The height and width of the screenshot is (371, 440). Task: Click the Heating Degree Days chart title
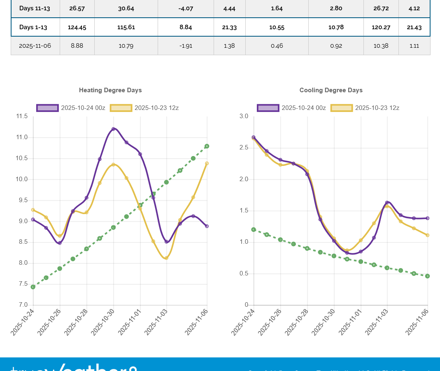[110, 90]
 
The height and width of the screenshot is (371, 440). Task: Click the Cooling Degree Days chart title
[331, 90]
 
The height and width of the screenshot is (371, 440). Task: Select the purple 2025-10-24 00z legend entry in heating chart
[71, 108]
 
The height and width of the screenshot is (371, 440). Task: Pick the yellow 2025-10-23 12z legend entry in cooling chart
[365, 108]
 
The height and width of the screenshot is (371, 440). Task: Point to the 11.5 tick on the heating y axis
[22, 117]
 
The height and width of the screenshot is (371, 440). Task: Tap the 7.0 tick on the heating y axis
[23, 305]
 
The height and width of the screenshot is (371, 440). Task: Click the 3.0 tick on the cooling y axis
[244, 117]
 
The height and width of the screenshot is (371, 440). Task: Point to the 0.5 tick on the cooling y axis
[244, 274]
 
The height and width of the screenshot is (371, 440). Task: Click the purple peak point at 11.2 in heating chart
[113, 129]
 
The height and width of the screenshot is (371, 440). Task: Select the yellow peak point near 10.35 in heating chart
[113, 165]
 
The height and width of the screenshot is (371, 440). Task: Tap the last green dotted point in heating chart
[207, 146]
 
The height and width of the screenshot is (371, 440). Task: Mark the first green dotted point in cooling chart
[254, 230]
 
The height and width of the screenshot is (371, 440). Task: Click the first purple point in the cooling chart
[254, 137]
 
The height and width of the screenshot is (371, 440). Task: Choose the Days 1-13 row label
[33, 28]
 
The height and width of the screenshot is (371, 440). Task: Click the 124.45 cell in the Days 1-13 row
[77, 28]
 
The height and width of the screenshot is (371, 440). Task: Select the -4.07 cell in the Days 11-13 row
[186, 8]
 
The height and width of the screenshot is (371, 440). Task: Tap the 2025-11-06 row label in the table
[35, 46]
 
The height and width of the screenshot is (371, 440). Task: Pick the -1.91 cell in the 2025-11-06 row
[186, 46]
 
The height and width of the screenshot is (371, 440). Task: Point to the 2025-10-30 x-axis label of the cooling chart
[324, 323]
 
